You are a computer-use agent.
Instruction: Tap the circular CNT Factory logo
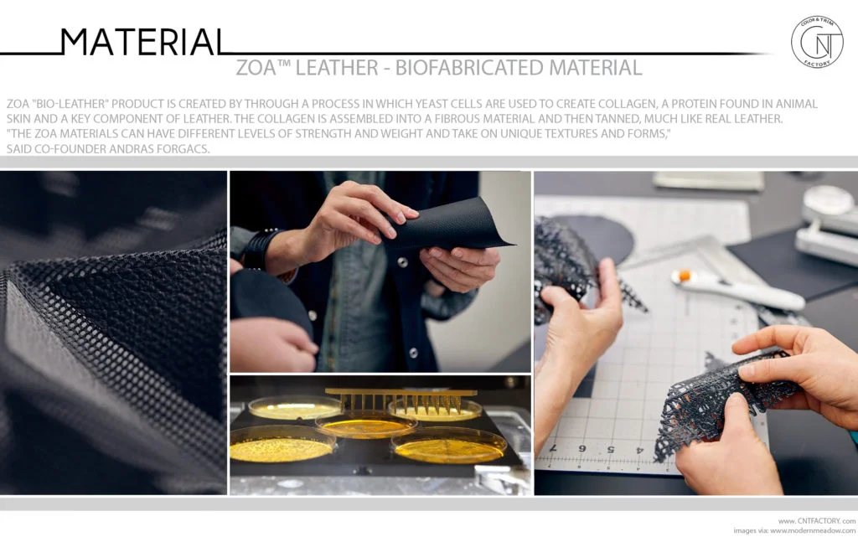816,42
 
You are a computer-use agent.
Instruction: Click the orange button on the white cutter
684,275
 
